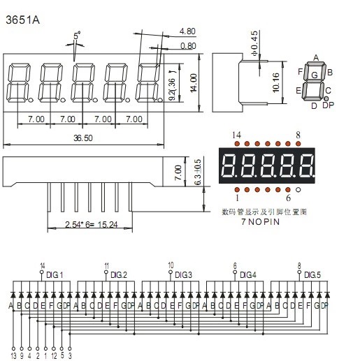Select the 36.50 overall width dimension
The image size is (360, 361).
pyautogui.click(x=85, y=138)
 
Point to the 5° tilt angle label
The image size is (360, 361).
pyautogui.click(x=75, y=35)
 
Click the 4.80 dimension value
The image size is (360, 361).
pyautogui.click(x=187, y=32)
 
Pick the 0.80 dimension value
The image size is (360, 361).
pyautogui.click(x=187, y=46)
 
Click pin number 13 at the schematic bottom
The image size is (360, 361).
pyautogui.click(x=13, y=355)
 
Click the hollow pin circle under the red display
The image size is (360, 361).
pyautogui.click(x=298, y=189)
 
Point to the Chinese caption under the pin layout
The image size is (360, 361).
pyautogui.click(x=264, y=210)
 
